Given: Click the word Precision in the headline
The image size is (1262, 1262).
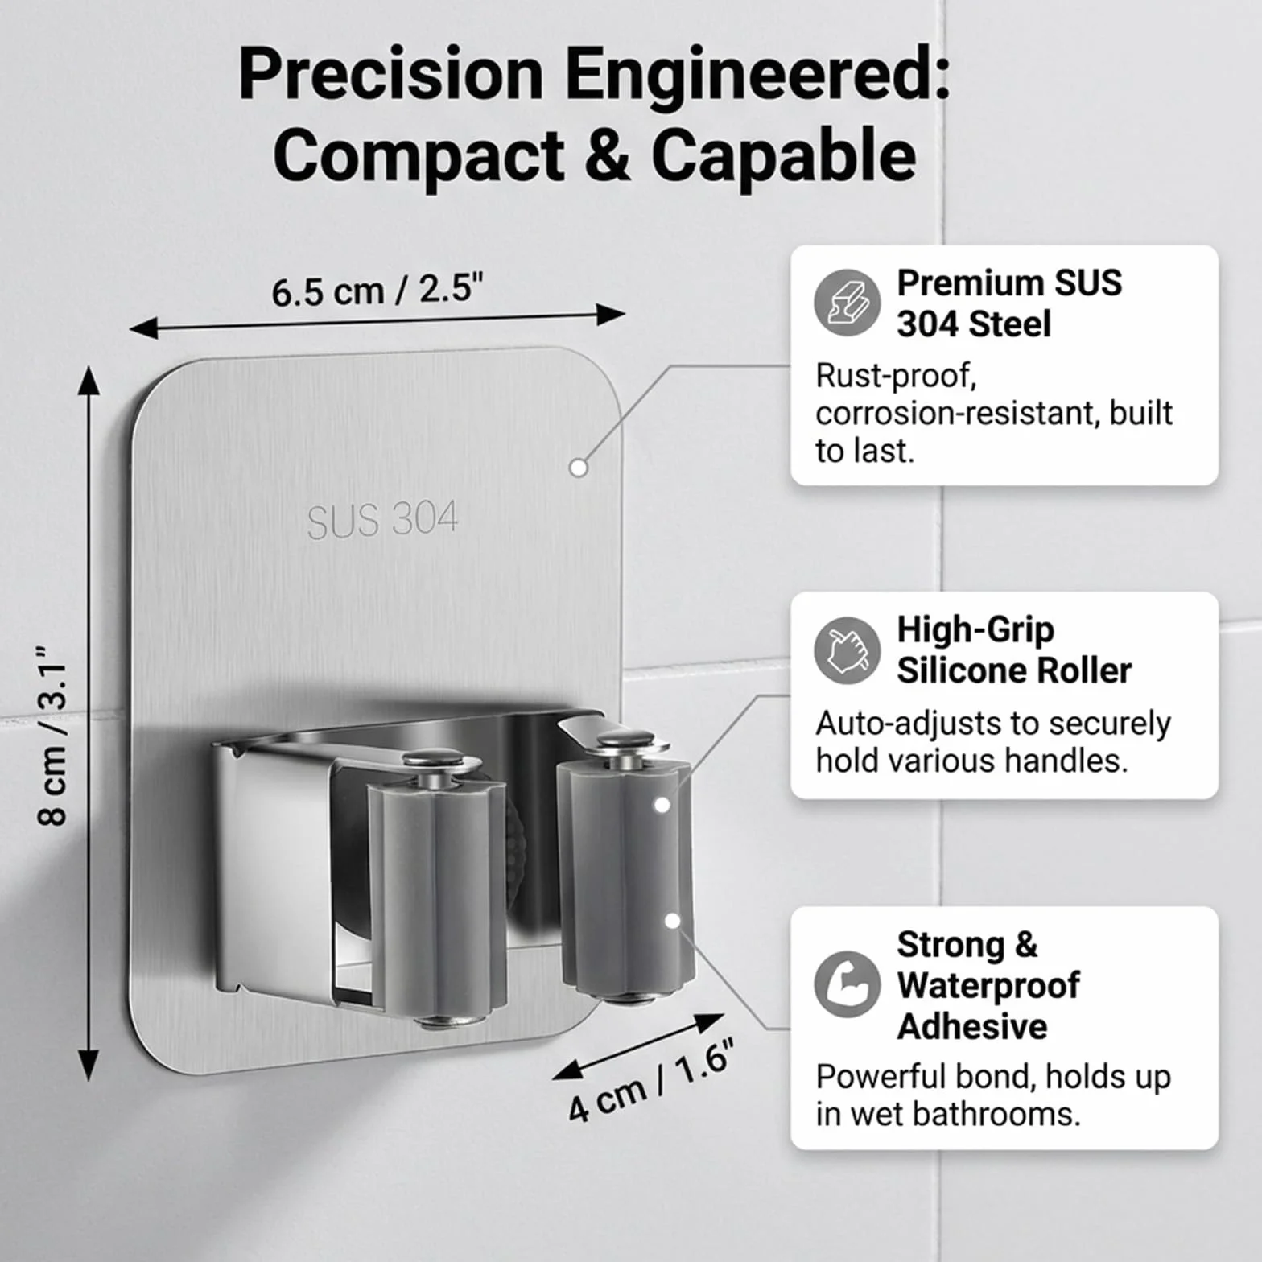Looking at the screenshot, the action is pyautogui.click(x=391, y=74).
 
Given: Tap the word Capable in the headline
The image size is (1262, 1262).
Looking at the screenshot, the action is pyautogui.click(x=784, y=155).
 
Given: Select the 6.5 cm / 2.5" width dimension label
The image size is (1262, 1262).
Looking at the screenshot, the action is pyautogui.click(x=377, y=290).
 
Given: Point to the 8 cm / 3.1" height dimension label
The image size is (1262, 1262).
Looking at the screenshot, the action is pyautogui.click(x=53, y=735).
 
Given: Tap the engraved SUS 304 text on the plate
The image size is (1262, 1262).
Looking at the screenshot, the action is pyautogui.click(x=382, y=519).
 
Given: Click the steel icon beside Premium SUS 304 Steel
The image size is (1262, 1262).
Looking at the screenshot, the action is pyautogui.click(x=847, y=303).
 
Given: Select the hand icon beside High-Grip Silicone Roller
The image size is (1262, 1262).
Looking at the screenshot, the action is pyautogui.click(x=847, y=650).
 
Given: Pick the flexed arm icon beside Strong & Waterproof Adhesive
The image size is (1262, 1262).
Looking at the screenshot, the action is pyautogui.click(x=847, y=984).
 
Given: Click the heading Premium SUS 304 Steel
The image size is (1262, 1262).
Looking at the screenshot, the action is pyautogui.click(x=1009, y=303).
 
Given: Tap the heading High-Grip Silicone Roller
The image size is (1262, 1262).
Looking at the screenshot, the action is pyautogui.click(x=1014, y=650).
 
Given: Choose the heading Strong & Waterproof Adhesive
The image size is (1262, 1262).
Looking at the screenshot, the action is pyautogui.click(x=988, y=985).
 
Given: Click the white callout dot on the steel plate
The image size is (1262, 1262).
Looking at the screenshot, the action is pyautogui.click(x=578, y=468).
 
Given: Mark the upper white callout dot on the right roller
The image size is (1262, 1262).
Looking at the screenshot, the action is pyautogui.click(x=662, y=805).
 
